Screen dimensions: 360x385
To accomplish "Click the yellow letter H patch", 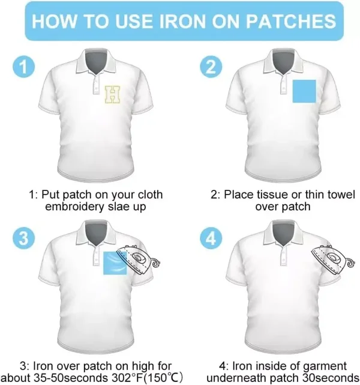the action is [x=113, y=94].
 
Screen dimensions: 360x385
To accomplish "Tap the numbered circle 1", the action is [x=23, y=67].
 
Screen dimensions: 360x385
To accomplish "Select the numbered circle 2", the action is [x=211, y=67].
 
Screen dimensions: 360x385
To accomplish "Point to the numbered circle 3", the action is [x=23, y=238].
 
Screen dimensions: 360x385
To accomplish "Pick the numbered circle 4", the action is [x=211, y=238].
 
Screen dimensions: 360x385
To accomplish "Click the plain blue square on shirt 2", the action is [x=304, y=91].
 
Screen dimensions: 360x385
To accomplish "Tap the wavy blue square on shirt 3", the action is [x=115, y=263].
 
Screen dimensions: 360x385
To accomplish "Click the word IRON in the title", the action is [x=182, y=21].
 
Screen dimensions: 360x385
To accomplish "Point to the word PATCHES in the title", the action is [x=291, y=21].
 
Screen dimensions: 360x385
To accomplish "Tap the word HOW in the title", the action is [x=54, y=21].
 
